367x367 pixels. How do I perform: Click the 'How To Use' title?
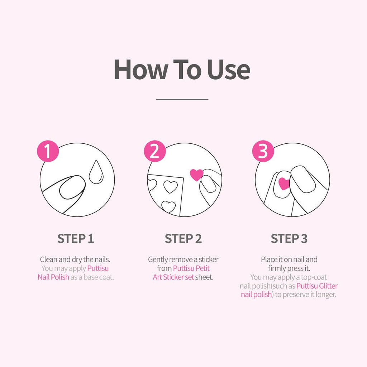click(x=182, y=70)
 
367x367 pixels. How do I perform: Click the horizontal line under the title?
click(x=182, y=99)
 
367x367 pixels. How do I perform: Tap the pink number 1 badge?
click(x=48, y=152)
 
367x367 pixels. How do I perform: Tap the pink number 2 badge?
click(x=155, y=152)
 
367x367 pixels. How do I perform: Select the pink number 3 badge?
click(x=263, y=152)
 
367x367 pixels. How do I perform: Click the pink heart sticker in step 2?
click(x=196, y=175)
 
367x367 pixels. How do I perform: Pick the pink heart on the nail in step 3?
click(x=284, y=183)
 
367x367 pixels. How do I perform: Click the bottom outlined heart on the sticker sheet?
click(x=168, y=206)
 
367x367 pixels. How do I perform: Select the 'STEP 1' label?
click(x=76, y=239)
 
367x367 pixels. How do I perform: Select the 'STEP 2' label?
click(x=183, y=239)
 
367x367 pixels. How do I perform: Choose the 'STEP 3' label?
click(x=289, y=239)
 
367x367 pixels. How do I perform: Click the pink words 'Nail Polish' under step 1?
click(x=53, y=277)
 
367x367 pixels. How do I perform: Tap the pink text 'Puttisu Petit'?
click(x=191, y=268)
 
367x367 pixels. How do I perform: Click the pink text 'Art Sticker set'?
click(x=173, y=277)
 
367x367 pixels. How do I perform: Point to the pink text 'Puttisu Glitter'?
click(x=317, y=286)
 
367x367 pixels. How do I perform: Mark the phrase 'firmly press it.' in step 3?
click(x=289, y=268)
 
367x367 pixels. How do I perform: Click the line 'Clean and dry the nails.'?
click(x=76, y=259)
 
